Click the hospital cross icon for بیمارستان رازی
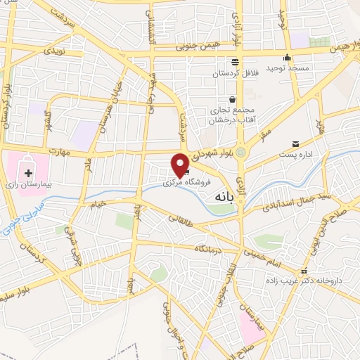pos(29,173)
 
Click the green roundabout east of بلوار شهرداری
pos(241,152)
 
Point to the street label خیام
pos(96,204)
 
